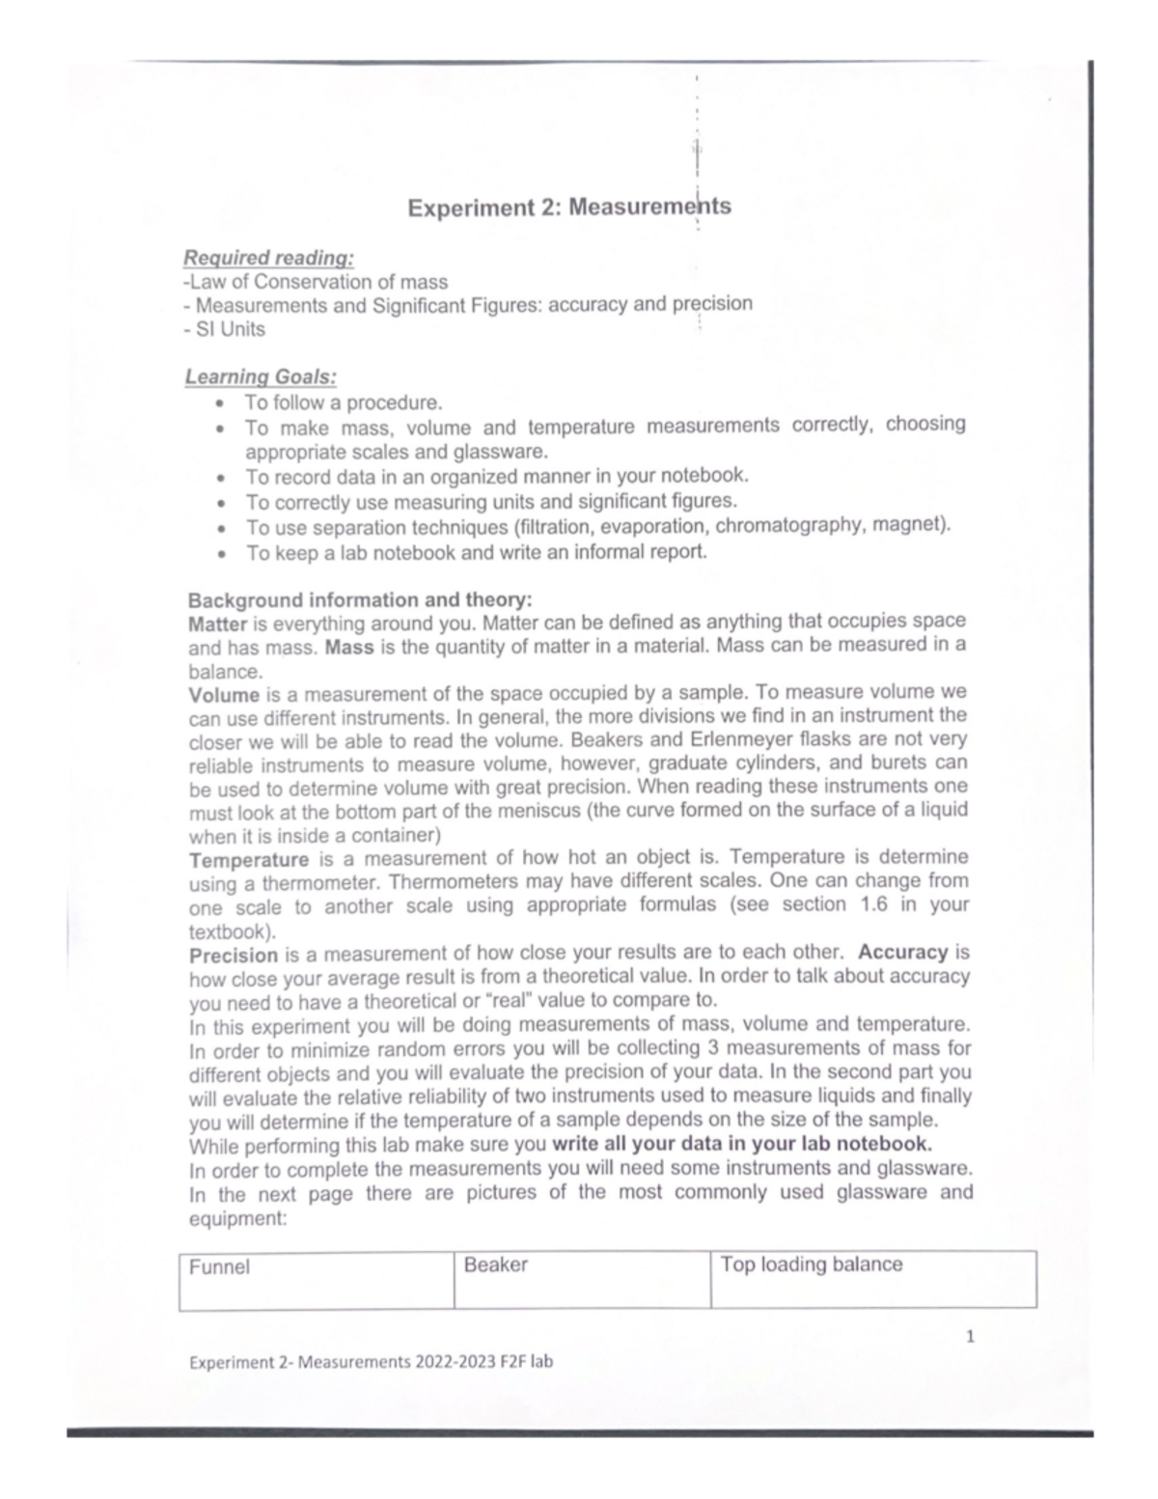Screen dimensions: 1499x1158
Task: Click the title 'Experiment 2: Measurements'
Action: point(568,208)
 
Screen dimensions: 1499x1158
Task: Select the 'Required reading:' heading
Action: point(268,258)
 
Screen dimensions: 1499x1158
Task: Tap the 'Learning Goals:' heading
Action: point(261,376)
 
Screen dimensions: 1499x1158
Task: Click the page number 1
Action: point(971,1337)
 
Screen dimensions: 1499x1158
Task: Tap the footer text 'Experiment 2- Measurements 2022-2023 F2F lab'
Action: point(372,1362)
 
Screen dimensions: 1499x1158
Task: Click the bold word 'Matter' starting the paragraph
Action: point(218,623)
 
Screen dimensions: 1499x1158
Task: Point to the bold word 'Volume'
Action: point(224,694)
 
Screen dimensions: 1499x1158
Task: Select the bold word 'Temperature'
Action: point(249,859)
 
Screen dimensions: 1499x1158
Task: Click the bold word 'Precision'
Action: point(234,956)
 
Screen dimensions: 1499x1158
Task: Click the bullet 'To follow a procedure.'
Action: point(343,403)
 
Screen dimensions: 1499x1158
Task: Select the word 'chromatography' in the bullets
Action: point(783,525)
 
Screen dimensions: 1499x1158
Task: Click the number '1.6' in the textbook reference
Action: point(862,904)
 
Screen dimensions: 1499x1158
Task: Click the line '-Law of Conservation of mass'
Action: point(316,282)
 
